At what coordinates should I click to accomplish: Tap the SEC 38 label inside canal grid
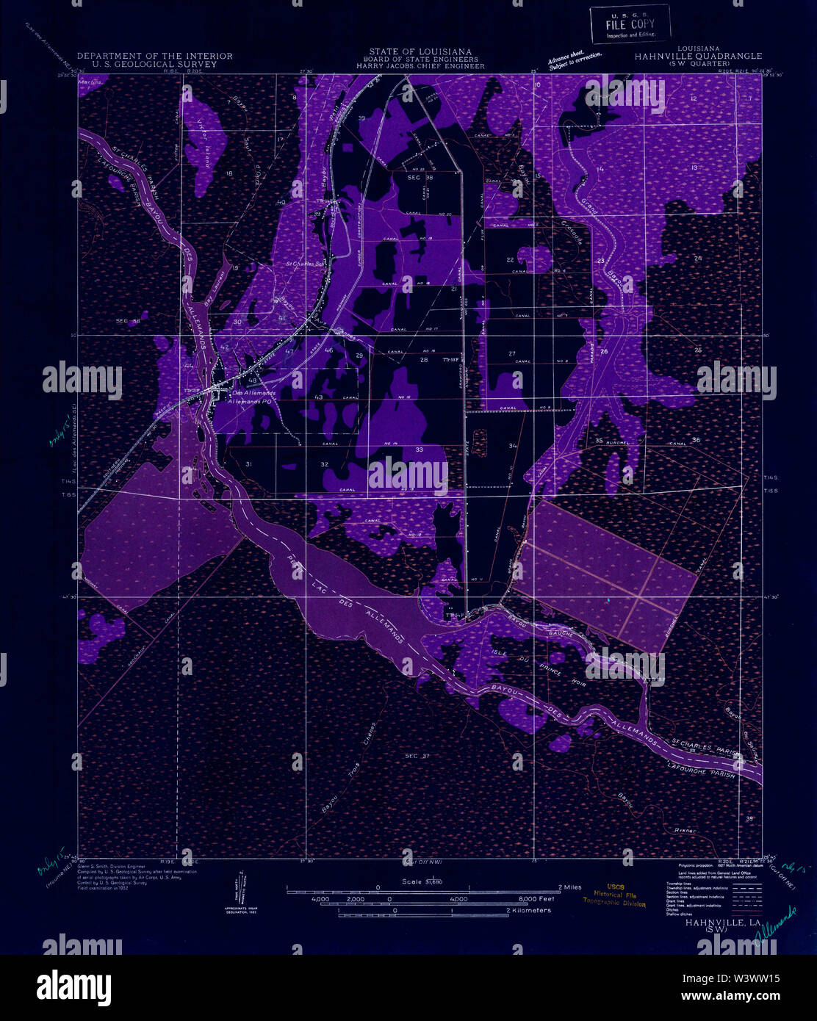(420, 178)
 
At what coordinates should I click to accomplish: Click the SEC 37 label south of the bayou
(417, 755)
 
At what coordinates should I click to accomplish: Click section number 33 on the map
(419, 449)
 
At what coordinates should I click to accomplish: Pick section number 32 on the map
(324, 464)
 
